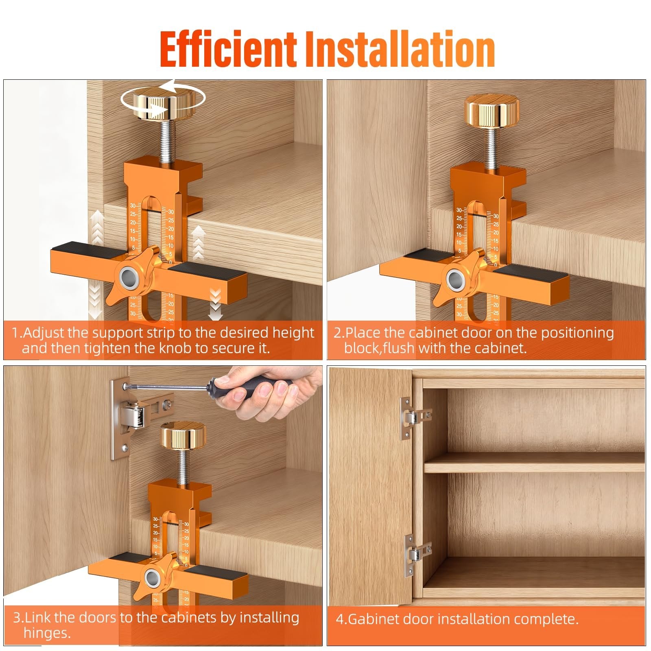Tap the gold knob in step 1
[x=163, y=105]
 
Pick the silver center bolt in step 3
[x=153, y=577]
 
